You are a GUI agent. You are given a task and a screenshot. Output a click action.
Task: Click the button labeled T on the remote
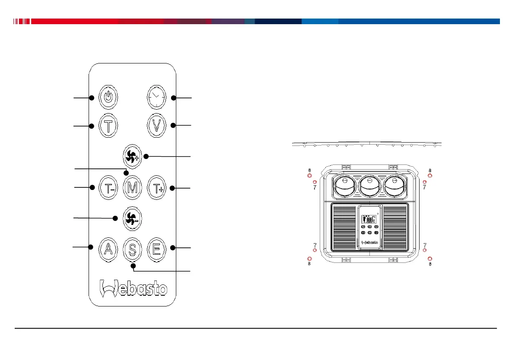108,126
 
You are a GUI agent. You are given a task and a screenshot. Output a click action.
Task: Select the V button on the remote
156,126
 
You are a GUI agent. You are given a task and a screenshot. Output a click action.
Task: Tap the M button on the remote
132,188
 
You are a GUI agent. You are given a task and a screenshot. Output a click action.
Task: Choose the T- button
108,188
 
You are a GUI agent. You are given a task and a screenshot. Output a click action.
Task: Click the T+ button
156,188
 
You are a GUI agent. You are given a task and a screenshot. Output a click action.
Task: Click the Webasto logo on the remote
133,288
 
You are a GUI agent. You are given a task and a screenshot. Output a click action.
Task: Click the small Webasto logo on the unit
369,243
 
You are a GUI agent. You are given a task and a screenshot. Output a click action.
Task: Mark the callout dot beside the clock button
173,98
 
